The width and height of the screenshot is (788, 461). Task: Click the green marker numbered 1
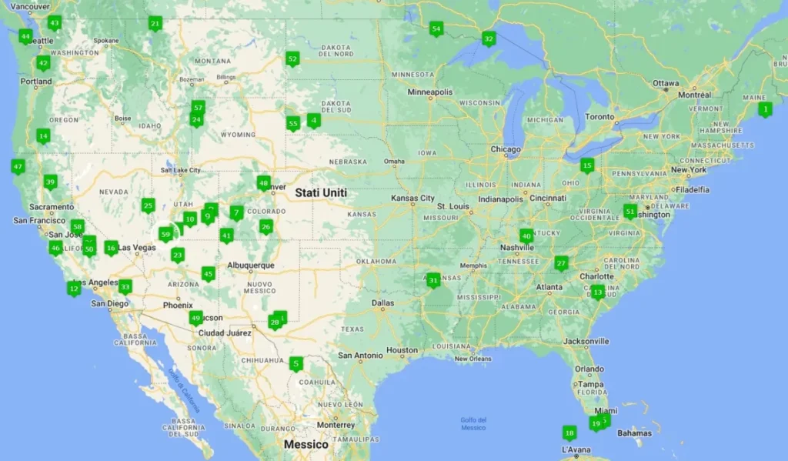[x=764, y=109]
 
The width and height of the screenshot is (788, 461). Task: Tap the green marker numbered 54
[x=436, y=30]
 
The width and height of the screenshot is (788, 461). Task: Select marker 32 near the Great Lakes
[x=488, y=38]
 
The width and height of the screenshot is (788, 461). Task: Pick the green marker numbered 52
[x=292, y=58]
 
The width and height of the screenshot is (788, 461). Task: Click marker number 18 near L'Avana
[x=569, y=433]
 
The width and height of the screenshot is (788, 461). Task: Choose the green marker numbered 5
[x=296, y=364]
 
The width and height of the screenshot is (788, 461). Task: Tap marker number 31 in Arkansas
[x=433, y=280]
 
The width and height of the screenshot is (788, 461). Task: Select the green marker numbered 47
[x=18, y=166]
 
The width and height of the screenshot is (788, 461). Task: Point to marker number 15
[x=587, y=165]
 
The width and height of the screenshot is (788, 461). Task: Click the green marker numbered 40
[x=526, y=236]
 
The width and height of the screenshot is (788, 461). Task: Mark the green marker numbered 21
[x=155, y=24]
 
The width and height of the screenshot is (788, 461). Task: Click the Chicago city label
[x=506, y=149]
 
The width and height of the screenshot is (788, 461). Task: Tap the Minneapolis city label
[x=430, y=92]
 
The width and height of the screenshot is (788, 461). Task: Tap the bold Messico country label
[x=306, y=445]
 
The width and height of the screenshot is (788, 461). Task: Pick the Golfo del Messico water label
[x=473, y=423]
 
